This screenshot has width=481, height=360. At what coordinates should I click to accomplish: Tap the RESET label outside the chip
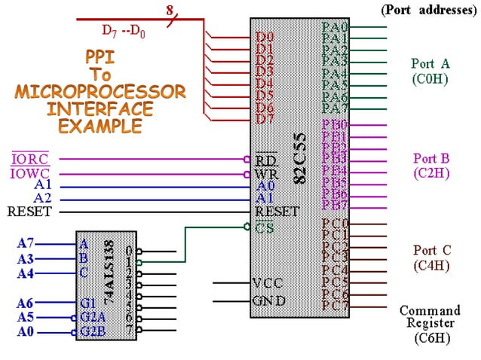[29, 212]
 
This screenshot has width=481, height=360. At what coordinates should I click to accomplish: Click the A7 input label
[26, 243]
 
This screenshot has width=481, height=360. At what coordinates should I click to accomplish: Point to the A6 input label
[26, 304]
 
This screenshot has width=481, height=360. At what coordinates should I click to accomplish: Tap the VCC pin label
[268, 283]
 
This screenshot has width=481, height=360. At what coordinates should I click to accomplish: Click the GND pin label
[269, 301]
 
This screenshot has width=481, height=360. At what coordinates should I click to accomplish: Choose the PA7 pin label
[334, 108]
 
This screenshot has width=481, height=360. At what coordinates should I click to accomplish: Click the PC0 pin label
[335, 224]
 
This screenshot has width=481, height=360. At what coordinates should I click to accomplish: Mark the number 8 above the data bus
[170, 8]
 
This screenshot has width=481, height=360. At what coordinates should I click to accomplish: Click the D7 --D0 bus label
[124, 31]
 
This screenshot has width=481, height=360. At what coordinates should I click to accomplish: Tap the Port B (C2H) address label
[430, 165]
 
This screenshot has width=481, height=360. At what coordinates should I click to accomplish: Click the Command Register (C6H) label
[429, 324]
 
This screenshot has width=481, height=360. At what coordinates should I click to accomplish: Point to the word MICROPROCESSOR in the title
[100, 92]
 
